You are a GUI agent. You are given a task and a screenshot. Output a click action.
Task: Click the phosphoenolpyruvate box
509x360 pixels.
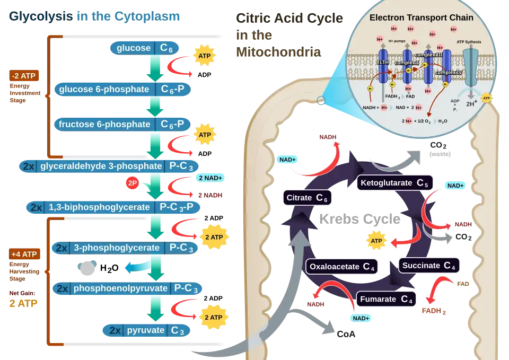tap(127, 288)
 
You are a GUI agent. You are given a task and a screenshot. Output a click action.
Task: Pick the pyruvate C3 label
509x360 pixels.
tap(146, 330)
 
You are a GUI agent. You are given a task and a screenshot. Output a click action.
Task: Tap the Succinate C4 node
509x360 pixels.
tap(428, 265)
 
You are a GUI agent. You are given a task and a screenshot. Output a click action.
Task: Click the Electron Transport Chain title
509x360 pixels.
tap(422, 17)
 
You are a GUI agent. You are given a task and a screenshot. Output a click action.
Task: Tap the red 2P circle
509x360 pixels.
tap(133, 183)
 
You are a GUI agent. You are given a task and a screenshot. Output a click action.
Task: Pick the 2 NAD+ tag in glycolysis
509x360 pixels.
tap(210, 178)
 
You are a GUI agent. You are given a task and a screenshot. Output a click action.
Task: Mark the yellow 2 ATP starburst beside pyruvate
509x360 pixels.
tap(213, 318)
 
